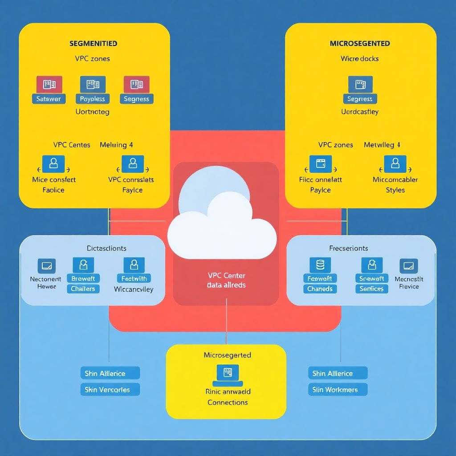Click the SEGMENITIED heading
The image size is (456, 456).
pos(93,44)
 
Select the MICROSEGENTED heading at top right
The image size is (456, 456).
pos(360,44)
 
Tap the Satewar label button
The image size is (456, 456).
pos(49,99)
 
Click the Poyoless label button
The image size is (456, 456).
pos(92,99)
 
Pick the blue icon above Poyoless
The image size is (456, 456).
pos(93,84)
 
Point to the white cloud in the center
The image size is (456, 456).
pos(221,227)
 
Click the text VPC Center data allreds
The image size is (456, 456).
pos(226,281)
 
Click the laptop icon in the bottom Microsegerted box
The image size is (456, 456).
pos(228,373)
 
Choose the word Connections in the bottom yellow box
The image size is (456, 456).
pos(227,402)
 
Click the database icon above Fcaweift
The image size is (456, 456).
pos(320,265)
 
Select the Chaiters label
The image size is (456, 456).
pos(83,289)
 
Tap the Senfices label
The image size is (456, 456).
pos(371,289)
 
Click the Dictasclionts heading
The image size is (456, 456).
pos(106,248)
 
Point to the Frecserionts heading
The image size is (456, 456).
pos(348,248)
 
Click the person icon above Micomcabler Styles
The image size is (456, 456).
pos(395,163)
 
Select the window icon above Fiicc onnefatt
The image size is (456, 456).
pos(321,163)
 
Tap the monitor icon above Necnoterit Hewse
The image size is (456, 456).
pos(46,266)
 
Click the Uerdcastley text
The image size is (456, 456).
pos(359,111)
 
